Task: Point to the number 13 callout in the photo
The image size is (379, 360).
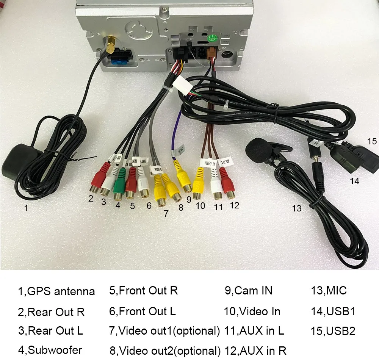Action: pyautogui.click(x=296, y=208)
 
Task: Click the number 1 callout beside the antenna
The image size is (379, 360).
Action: pyautogui.click(x=26, y=208)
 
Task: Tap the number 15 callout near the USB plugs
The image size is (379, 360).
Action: pyautogui.click(x=372, y=141)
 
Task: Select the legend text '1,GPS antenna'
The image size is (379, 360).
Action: pyautogui.click(x=56, y=291)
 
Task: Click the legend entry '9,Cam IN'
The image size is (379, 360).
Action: pyautogui.click(x=248, y=291)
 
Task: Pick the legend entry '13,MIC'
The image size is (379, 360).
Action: pyautogui.click(x=328, y=291)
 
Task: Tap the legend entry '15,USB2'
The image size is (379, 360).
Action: pyautogui.click(x=333, y=331)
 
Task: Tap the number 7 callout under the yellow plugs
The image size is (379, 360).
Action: pyautogui.click(x=166, y=213)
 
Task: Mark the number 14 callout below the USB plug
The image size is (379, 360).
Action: pyautogui.click(x=354, y=181)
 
